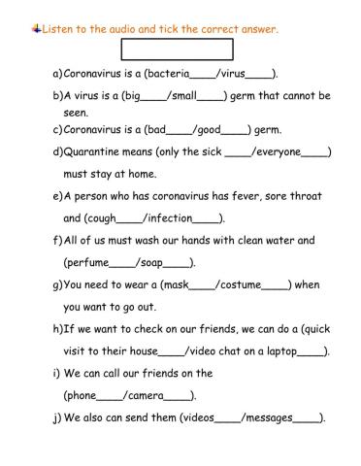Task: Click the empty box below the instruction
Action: (177, 50)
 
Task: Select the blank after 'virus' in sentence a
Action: (260, 74)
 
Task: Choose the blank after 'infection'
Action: (208, 218)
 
